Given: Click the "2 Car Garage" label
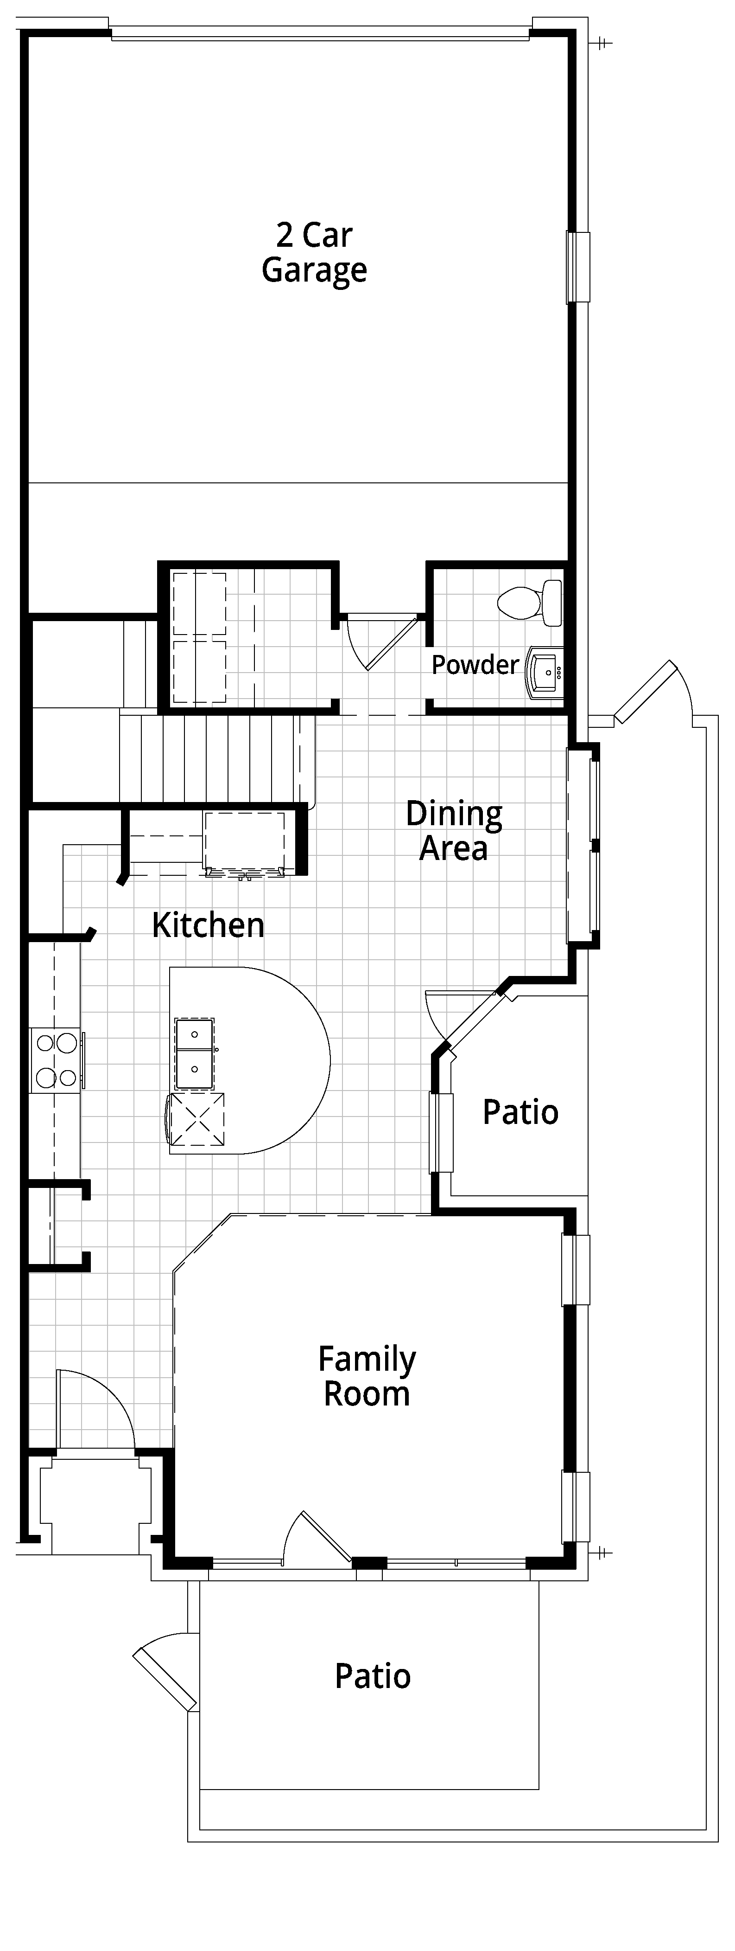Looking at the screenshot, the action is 314,253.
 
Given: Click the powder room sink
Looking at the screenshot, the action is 545,671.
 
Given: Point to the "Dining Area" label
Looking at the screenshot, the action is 454,830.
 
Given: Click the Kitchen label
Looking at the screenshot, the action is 208,925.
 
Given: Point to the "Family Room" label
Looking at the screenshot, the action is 367,1376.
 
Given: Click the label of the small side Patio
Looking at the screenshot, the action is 521,1112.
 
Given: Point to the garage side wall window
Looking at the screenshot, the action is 578,267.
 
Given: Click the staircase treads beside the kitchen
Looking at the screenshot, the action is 216,757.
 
